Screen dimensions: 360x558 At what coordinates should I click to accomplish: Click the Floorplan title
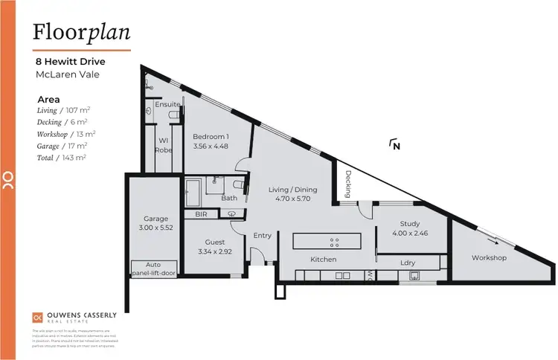coord(82,32)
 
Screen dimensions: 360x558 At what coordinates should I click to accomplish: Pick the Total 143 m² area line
coord(62,158)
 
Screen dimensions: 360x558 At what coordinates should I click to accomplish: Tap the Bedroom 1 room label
coord(211,137)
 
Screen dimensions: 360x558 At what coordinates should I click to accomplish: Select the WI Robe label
coord(164,144)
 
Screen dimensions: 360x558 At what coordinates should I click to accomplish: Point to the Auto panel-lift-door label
coord(153,268)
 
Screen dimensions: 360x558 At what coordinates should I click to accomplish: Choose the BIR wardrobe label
coord(201,214)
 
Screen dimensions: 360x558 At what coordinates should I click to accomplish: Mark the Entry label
coord(263,235)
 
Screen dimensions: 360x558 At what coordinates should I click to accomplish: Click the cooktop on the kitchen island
coord(334,242)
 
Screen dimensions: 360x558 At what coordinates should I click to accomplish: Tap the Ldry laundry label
coord(407,263)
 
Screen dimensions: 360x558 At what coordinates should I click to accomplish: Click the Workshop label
coord(489,258)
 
